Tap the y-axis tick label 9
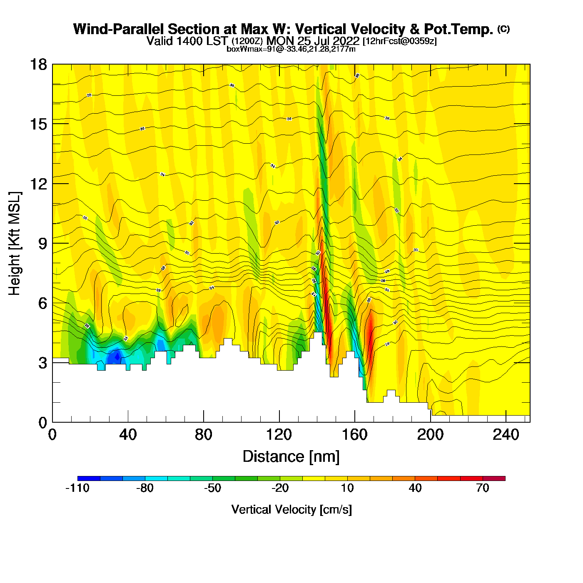[42, 244]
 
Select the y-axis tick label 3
[42, 363]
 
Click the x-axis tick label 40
[128, 435]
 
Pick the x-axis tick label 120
[279, 435]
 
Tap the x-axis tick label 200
[430, 435]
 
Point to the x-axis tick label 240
[506, 435]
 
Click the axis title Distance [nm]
[291, 456]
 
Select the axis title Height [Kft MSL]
[15, 244]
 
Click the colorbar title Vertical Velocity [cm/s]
[291, 509]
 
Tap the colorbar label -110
[77, 488]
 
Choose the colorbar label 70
[482, 488]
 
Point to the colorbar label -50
[212, 488]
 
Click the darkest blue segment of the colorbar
[89, 478]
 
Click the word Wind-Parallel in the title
[119, 29]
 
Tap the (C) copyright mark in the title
[503, 29]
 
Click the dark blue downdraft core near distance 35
[117, 356]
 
